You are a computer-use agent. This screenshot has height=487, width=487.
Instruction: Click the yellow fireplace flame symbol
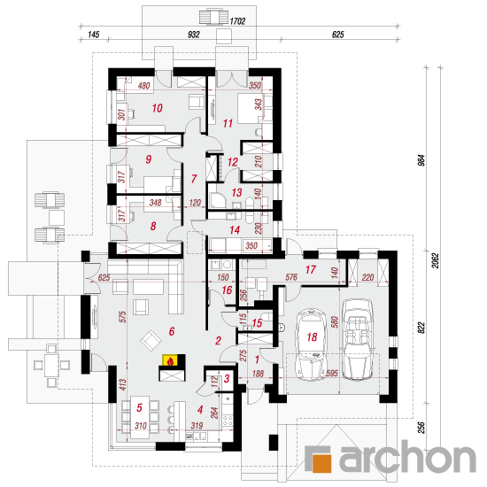(170, 360)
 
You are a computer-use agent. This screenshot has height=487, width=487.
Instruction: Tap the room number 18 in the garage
(312, 336)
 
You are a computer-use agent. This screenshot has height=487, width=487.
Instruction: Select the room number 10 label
(157, 108)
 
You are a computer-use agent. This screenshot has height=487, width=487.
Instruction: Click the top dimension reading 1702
(237, 21)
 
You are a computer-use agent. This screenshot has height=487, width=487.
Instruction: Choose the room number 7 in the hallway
(194, 179)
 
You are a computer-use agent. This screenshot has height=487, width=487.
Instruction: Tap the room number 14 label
(235, 230)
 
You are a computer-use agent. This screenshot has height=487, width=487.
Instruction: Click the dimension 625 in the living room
(104, 277)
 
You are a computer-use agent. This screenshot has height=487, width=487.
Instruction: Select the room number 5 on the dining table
(139, 407)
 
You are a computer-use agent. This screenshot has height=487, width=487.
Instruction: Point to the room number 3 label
(227, 378)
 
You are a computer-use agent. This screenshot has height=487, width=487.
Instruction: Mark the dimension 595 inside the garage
(332, 373)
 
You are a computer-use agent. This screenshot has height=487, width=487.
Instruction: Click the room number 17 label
(311, 269)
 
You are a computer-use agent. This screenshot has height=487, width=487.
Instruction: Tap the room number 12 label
(233, 162)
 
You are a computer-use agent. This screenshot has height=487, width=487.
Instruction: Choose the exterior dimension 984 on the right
(421, 160)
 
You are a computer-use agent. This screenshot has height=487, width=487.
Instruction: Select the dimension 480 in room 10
(143, 85)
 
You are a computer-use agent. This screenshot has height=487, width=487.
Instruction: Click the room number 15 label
(257, 323)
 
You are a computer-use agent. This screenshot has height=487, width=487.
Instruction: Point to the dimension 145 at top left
(94, 35)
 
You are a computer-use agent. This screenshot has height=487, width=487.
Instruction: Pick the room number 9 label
(149, 159)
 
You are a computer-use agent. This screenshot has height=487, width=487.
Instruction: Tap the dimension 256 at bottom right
(421, 428)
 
